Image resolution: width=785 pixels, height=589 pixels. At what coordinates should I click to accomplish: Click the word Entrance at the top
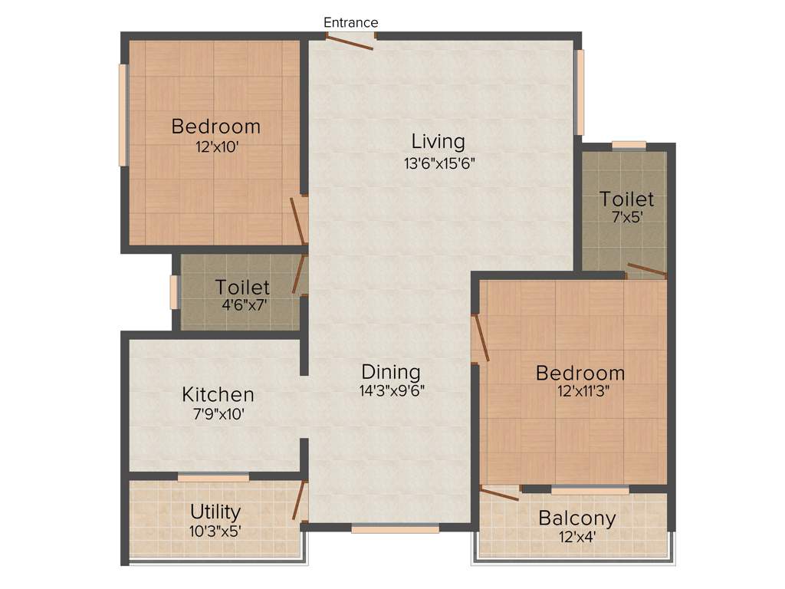[x=350, y=22]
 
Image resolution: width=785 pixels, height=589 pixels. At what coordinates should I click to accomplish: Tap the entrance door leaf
[x=349, y=42]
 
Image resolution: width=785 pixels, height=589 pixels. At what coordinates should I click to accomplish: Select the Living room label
[x=438, y=141]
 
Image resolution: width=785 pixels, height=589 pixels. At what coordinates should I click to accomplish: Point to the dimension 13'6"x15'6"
[x=446, y=163]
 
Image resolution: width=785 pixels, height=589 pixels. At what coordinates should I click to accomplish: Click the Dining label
[x=391, y=372]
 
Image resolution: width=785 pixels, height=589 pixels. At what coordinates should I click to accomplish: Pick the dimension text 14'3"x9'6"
[x=392, y=390]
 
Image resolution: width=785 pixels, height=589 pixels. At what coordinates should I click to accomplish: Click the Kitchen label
[x=218, y=395]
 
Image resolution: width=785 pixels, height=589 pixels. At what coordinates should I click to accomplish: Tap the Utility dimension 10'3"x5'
[x=215, y=530]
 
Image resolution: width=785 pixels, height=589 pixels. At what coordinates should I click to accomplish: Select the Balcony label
[x=576, y=518]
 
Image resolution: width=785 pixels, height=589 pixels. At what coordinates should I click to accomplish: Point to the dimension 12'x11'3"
[x=580, y=390]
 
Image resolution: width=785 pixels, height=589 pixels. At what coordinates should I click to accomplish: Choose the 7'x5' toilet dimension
[x=626, y=217]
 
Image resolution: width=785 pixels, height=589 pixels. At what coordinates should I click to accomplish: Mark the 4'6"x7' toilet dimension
[x=243, y=304]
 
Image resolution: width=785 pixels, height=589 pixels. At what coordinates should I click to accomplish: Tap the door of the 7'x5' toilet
[x=645, y=269]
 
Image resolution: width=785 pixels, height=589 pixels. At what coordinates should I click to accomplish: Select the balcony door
[x=498, y=492]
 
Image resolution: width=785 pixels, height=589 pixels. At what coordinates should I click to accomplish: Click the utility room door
[x=299, y=500]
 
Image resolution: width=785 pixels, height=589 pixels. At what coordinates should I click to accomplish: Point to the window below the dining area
[x=396, y=528]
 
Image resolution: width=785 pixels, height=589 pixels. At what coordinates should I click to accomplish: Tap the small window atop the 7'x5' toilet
[x=629, y=145]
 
